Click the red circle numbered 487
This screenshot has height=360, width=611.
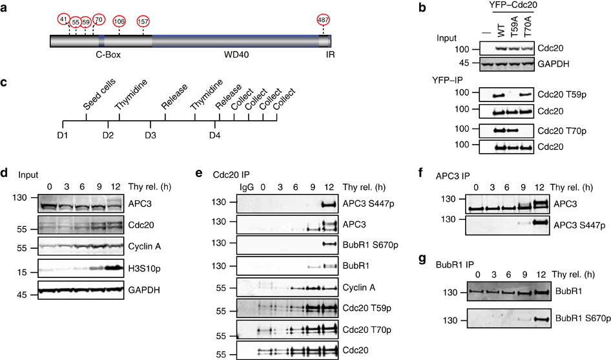tap(324, 20)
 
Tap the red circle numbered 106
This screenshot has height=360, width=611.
tap(119, 21)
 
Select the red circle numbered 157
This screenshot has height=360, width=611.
tap(143, 21)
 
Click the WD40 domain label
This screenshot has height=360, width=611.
tap(236, 54)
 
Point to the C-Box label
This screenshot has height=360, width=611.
tap(109, 54)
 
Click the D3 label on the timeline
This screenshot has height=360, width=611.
tap(150, 135)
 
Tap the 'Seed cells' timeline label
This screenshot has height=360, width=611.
tap(99, 94)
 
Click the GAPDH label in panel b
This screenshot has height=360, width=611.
tap(554, 63)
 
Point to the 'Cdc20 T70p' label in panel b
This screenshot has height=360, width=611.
tap(562, 131)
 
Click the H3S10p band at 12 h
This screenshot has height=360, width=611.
tap(115, 268)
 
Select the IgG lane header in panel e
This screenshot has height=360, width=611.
tap(247, 187)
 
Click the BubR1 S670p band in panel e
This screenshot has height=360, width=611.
tap(329, 244)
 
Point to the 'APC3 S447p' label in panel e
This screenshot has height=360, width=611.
tap(368, 204)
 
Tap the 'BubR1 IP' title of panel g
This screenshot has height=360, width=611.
tap(455, 264)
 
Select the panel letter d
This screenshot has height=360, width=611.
tap(5, 173)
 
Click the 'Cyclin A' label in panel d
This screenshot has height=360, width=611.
tap(144, 246)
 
